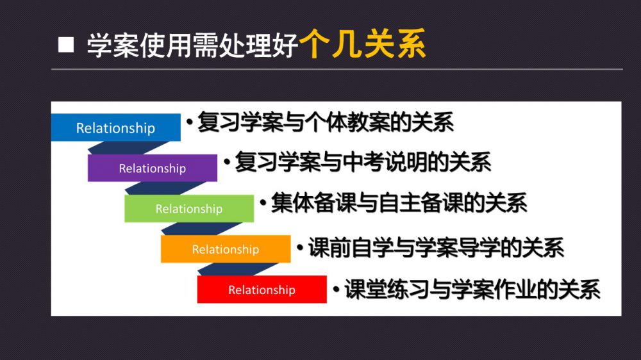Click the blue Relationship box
coord(115,127)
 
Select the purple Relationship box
coord(153,168)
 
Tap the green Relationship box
coord(189,208)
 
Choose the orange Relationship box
coord(226,249)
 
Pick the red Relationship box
coord(262,290)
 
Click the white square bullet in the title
coord(66,45)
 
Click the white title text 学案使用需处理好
coord(192,45)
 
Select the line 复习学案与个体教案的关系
coord(326,122)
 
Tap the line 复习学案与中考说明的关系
coord(363,162)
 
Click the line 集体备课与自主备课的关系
coord(399,202)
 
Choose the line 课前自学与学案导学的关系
coord(436,247)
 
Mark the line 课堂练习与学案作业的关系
coord(472,290)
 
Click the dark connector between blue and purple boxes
coord(128,148)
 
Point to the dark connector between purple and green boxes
coord(165,188)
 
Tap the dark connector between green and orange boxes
coord(201,229)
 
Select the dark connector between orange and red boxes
coord(238,269)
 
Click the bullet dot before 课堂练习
coord(337,290)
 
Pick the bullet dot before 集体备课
coord(263,202)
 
